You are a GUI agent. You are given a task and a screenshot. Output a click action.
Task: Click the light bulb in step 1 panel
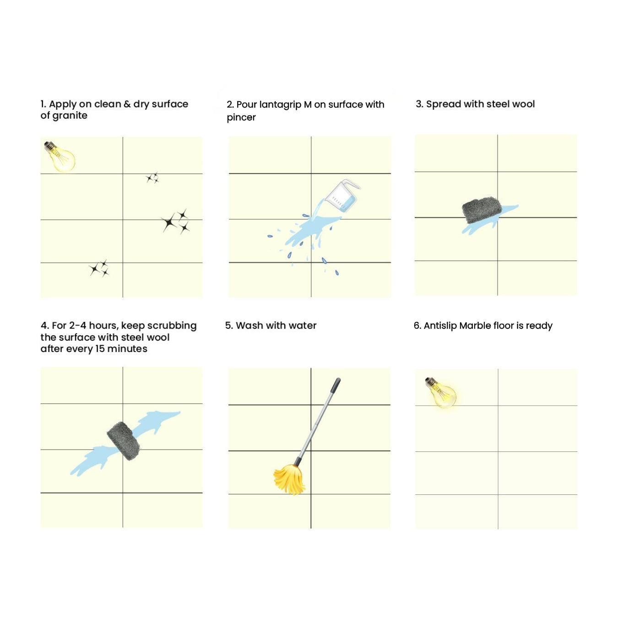click(60, 157)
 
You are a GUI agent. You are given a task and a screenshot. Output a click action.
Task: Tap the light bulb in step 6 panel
click(441, 392)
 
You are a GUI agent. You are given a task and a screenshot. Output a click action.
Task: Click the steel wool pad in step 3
click(482, 210)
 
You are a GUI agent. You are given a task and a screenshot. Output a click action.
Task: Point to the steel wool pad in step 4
click(124, 441)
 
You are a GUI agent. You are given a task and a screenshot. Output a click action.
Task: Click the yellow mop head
click(289, 479)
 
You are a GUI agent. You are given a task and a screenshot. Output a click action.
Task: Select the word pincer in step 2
click(241, 118)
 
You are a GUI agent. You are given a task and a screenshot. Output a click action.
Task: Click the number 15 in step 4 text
click(100, 349)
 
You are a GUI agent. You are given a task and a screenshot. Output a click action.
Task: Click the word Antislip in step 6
click(440, 326)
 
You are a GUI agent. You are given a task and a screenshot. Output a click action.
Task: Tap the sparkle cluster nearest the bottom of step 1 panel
click(99, 268)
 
